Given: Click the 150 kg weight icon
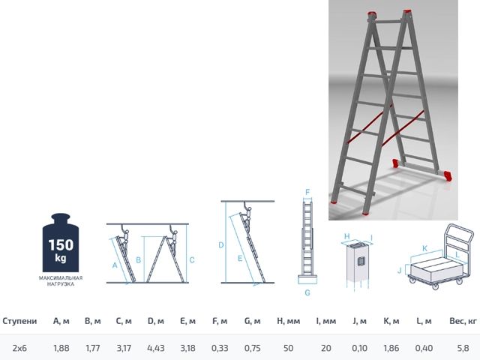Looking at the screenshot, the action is [x=61, y=242].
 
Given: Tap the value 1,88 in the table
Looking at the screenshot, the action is [x=61, y=348].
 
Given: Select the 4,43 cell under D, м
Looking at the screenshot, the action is [x=156, y=348].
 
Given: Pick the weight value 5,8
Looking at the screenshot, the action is [x=463, y=348].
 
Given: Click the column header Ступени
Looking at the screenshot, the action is [x=19, y=321].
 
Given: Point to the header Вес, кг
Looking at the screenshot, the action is [x=463, y=321].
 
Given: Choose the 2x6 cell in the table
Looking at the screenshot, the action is [x=19, y=348].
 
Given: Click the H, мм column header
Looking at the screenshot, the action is [x=288, y=321].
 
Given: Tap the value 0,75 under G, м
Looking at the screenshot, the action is [x=252, y=348].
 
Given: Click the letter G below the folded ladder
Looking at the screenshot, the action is [x=307, y=292].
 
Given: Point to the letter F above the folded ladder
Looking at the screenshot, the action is [x=307, y=192].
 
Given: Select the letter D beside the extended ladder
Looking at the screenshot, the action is [x=221, y=245].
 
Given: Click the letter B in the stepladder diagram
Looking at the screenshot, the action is [x=138, y=260].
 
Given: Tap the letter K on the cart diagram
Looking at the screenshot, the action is [x=424, y=248].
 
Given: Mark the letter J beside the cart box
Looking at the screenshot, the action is [x=400, y=270].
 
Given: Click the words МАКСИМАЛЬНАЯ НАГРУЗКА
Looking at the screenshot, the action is [x=61, y=281].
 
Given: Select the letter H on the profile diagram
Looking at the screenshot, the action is [x=346, y=236].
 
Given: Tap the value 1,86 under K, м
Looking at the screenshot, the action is [x=391, y=348].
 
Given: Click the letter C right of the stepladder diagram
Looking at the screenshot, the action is [x=192, y=260].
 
